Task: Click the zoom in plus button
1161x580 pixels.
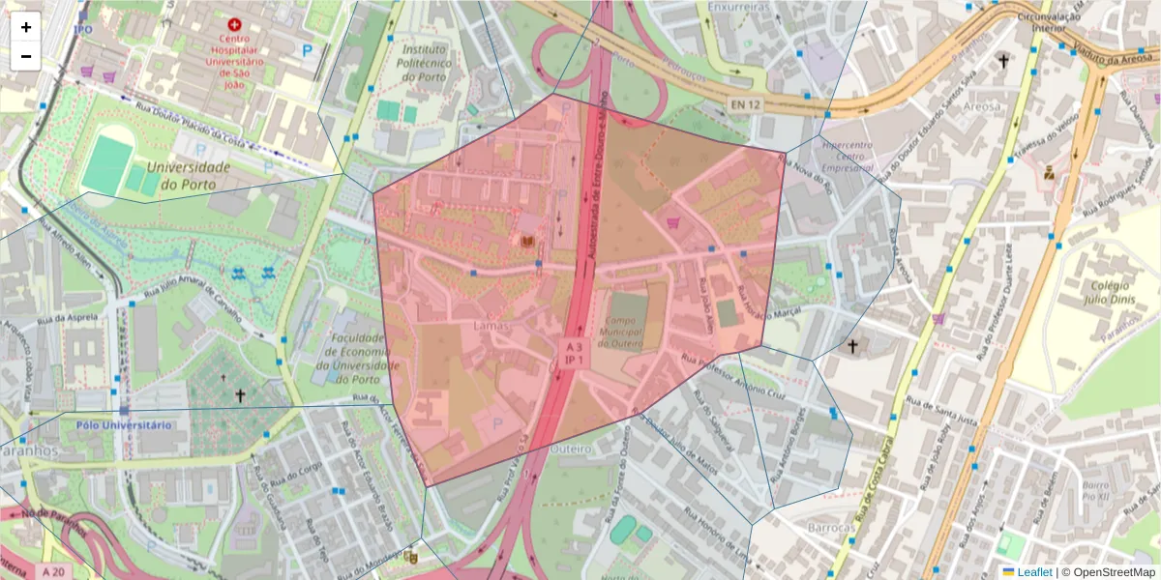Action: [x=26, y=27]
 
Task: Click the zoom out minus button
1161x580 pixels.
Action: [x=26, y=56]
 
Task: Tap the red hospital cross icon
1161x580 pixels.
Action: [x=233, y=24]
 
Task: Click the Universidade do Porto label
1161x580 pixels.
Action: [x=188, y=175]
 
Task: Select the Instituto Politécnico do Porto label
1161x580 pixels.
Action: [x=423, y=63]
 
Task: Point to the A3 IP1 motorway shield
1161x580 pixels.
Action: [x=575, y=352]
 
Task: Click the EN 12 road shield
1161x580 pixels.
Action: [x=746, y=104]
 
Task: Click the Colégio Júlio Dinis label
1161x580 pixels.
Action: [x=1110, y=291]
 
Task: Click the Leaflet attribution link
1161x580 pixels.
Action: [x=1034, y=572]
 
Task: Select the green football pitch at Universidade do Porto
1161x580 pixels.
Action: [x=106, y=164]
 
